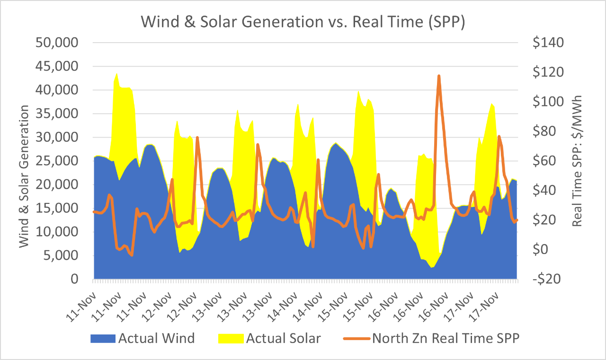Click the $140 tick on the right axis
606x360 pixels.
(x=547, y=43)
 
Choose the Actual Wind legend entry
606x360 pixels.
(x=156, y=338)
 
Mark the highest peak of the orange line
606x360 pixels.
(x=439, y=76)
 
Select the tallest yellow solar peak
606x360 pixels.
(x=117, y=73)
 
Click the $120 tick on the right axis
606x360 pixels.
(x=547, y=72)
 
